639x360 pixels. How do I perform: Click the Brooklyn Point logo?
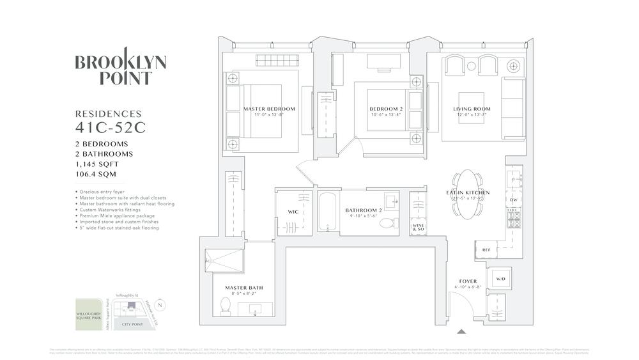point(121,69)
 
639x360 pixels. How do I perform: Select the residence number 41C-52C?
point(111,127)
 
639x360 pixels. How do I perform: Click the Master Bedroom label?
point(269,109)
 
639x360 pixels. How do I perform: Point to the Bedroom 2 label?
point(386,109)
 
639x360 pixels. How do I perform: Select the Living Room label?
point(472,109)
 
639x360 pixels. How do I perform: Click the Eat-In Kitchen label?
point(468,192)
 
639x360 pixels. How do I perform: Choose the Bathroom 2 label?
point(364,210)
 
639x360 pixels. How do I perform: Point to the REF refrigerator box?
point(486,250)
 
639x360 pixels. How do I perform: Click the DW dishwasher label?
point(513,200)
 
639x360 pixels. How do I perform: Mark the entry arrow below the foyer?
point(462,331)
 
